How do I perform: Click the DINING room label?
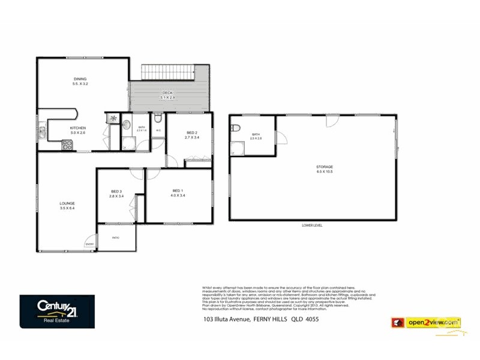tap(80, 79)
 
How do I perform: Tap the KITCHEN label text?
tap(78, 128)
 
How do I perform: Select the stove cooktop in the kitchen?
tap(67, 143)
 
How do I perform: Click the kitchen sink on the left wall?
tap(42, 130)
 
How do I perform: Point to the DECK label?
tap(167, 92)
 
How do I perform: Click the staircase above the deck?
tap(167, 72)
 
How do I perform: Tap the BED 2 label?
tap(191, 132)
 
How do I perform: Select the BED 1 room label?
tap(177, 191)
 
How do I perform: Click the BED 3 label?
tap(116, 191)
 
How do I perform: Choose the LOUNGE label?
tap(67, 203)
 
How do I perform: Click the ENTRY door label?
tap(89, 244)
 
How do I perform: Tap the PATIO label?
tap(116, 238)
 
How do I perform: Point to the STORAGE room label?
tap(325, 167)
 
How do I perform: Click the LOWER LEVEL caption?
tap(313, 226)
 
